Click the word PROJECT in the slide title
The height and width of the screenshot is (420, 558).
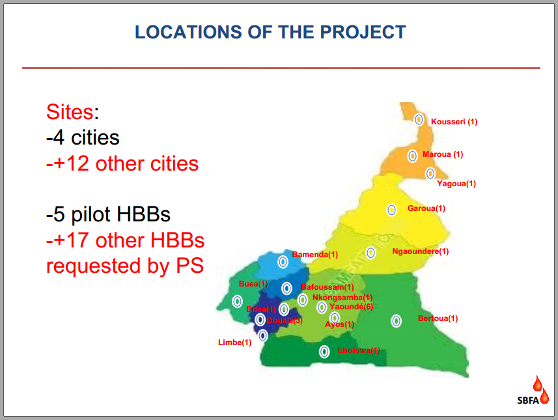click(x=363, y=32)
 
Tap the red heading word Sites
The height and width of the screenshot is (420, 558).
click(x=70, y=112)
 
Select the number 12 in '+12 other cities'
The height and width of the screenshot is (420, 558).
click(x=77, y=163)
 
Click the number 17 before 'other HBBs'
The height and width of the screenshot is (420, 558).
click(x=77, y=240)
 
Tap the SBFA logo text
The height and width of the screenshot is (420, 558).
click(x=528, y=400)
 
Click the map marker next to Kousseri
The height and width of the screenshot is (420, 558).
click(x=419, y=120)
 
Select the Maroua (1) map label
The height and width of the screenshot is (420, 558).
click(x=443, y=154)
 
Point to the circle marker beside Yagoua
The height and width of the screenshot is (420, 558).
click(x=430, y=173)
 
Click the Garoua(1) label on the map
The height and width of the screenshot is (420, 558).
click(x=426, y=208)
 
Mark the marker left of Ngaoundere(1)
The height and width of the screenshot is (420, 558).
click(x=371, y=253)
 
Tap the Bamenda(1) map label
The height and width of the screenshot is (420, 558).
click(x=315, y=255)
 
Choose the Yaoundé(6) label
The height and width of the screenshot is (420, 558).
click(x=351, y=307)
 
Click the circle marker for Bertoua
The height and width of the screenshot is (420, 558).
click(x=396, y=321)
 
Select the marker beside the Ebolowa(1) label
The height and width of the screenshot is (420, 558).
click(x=324, y=352)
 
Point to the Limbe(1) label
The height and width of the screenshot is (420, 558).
click(x=235, y=343)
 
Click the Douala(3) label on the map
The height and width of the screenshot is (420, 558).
click(x=285, y=320)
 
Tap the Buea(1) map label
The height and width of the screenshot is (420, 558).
click(x=253, y=284)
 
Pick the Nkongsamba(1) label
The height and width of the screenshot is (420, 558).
click(x=342, y=297)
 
